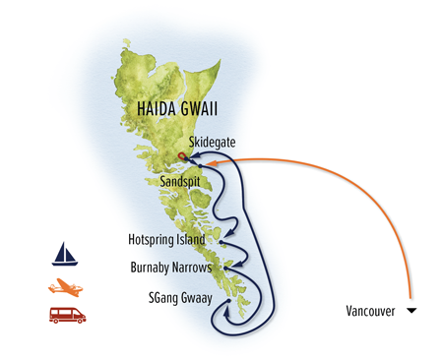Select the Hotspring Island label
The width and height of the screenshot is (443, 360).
166,239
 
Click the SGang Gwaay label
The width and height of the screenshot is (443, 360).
176,295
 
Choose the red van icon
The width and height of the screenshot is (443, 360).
67,316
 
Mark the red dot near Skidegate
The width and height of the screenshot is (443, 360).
183,156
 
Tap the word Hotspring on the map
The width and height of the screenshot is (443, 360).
151,239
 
